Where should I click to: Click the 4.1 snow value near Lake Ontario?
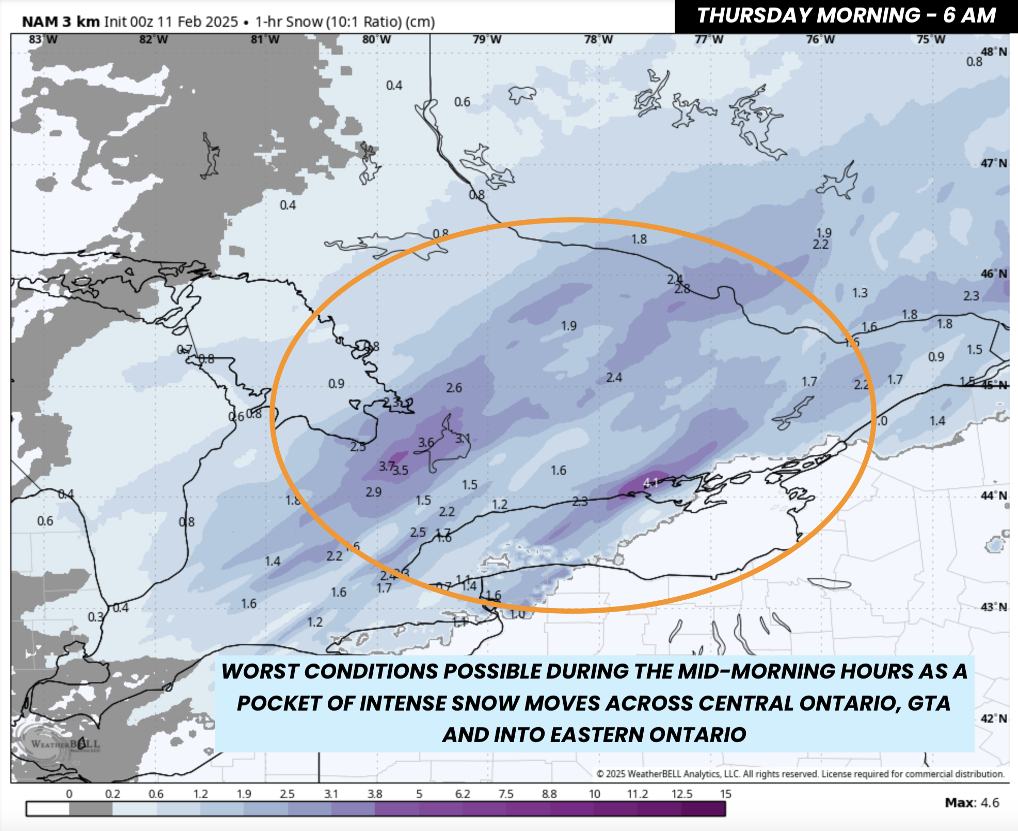point(650,483)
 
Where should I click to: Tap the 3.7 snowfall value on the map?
point(386,466)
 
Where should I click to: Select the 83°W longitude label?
point(43,40)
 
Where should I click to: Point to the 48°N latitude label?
point(994,52)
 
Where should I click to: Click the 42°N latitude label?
point(994,718)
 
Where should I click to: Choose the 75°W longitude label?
point(931,40)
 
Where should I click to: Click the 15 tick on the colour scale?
point(725,794)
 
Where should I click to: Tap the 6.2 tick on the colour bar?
point(463,794)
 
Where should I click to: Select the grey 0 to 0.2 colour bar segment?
point(91,809)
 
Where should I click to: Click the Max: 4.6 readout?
point(972,803)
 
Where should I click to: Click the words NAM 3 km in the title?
point(60,22)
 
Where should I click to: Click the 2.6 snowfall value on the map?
point(454,388)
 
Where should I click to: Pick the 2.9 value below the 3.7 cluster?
point(373,492)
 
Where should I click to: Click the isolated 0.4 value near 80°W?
point(394,85)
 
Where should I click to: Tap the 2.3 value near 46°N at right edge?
point(971,296)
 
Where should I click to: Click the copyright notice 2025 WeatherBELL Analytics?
point(800,774)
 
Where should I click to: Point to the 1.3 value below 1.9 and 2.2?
point(860,293)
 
